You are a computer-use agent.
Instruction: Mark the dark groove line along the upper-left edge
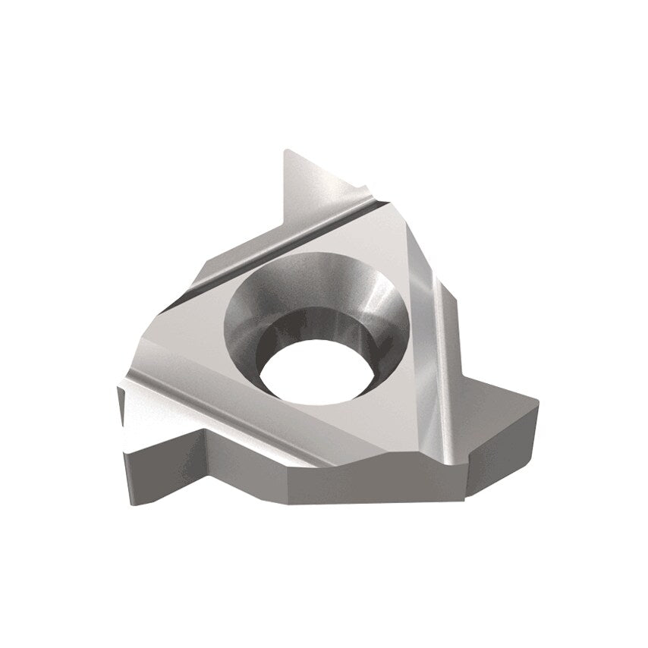tap(250, 244)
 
